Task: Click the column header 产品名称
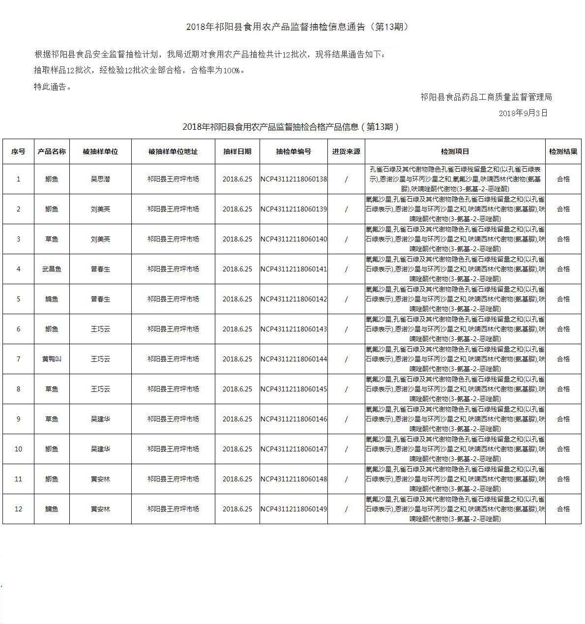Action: [52, 151]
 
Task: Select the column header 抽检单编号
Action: [293, 151]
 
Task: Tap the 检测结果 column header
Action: [563, 151]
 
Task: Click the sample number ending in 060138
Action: [293, 179]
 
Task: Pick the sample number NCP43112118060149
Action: [293, 509]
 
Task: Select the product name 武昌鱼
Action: [52, 269]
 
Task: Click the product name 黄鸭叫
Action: [52, 359]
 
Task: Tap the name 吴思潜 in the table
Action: [100, 179]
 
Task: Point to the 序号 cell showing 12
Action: [19, 509]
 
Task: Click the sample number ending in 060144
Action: [293, 359]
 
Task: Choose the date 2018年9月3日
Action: [523, 113]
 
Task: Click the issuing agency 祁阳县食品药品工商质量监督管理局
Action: [486, 97]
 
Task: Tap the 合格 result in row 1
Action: [563, 179]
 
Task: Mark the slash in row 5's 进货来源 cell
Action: [346, 299]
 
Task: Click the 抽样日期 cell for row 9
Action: [237, 419]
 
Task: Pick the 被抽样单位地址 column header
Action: [173, 151]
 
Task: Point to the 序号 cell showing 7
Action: [19, 359]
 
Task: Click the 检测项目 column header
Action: [455, 151]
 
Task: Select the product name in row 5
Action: [52, 299]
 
